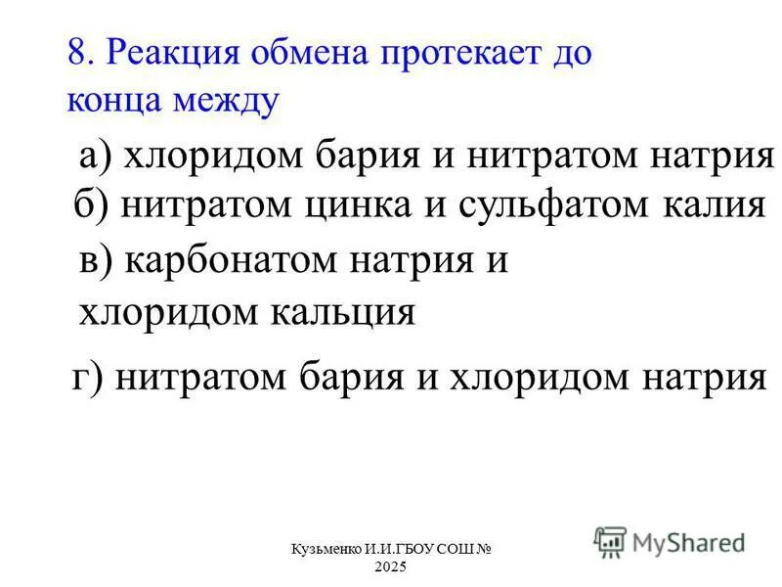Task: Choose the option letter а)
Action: pos(98,157)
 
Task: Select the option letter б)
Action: pos(95,206)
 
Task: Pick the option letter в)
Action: pos(98,264)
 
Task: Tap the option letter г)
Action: pos(91,376)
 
